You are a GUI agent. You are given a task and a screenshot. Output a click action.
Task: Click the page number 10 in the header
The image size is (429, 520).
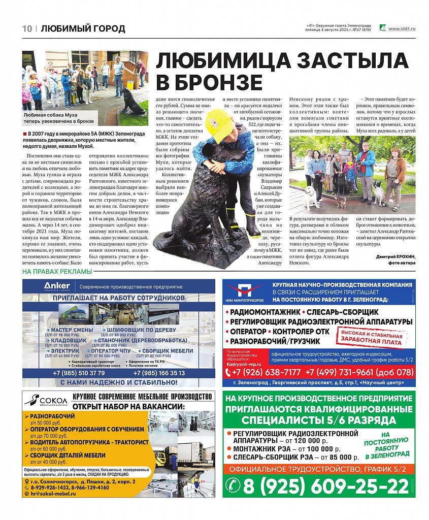[x=27, y=28]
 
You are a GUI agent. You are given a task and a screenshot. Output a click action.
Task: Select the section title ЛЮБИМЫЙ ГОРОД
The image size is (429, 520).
[x=83, y=28]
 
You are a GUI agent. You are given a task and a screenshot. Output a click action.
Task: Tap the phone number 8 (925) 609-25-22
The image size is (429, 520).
[x=325, y=487]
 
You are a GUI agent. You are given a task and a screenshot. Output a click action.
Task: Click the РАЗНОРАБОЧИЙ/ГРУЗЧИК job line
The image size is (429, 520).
[x=278, y=341]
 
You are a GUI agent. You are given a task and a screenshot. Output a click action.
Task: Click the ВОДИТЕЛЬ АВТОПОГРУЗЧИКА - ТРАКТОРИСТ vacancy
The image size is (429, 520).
[x=89, y=442]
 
